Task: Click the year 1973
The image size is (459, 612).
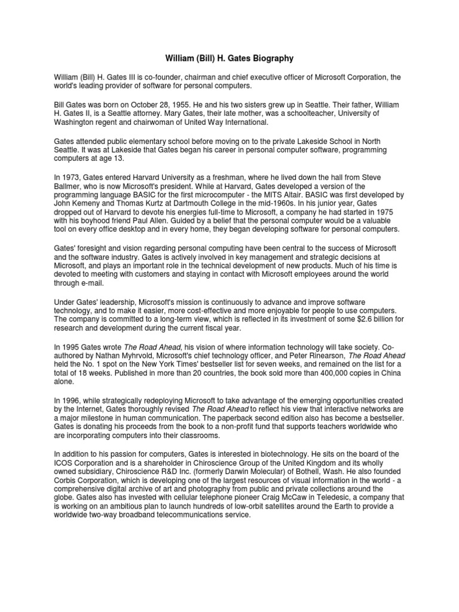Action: [x=71, y=177]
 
